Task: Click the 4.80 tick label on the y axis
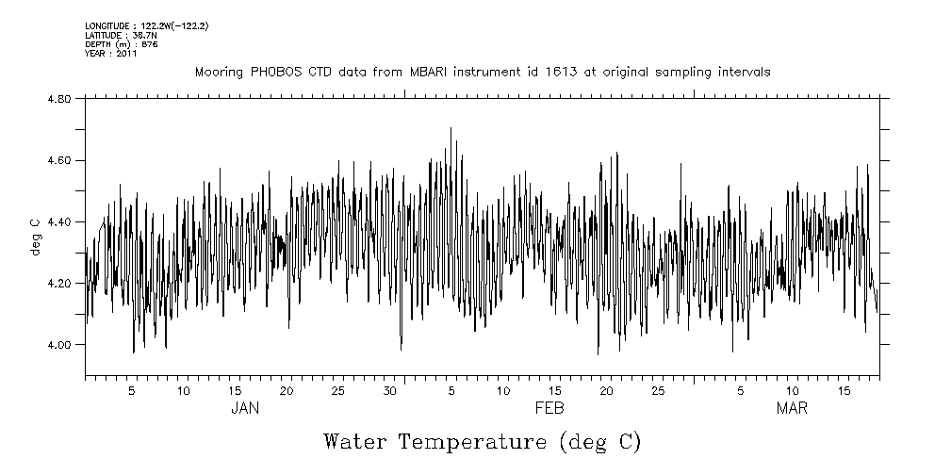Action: tap(58, 99)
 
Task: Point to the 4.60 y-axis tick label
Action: tap(58, 160)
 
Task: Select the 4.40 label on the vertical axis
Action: tap(58, 221)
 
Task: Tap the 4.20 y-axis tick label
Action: tap(58, 283)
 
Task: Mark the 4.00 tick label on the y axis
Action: tap(58, 345)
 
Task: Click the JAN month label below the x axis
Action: tap(245, 408)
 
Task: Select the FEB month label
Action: tap(549, 408)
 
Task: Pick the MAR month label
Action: tap(792, 408)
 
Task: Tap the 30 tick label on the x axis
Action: tap(389, 390)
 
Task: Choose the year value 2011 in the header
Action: tap(127, 54)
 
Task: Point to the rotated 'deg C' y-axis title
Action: tap(35, 237)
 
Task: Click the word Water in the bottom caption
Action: tap(356, 441)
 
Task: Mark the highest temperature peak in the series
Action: tap(451, 128)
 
